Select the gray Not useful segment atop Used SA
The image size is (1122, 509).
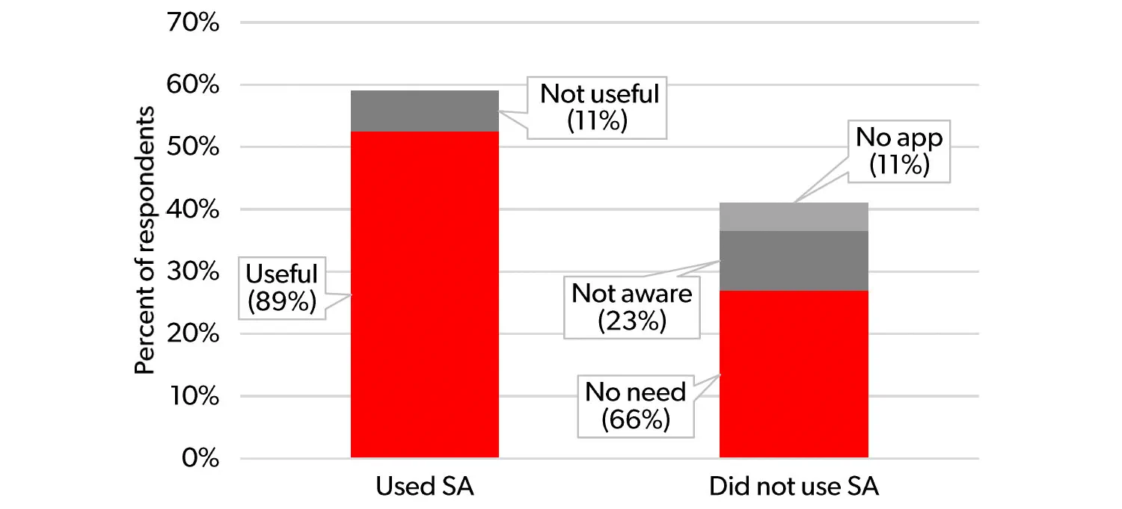tap(424, 111)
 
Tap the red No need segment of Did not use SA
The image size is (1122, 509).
tap(794, 374)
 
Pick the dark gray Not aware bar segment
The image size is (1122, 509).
tap(794, 261)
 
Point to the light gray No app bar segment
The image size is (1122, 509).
tap(794, 217)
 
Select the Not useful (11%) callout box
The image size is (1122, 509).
tap(600, 107)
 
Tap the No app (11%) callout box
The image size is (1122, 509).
tap(899, 152)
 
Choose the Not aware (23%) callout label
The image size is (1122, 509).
tap(631, 307)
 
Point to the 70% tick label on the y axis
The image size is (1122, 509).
tap(193, 23)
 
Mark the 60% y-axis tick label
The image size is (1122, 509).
tap(193, 85)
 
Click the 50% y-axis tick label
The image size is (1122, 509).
tap(193, 147)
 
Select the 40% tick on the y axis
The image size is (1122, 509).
tap(193, 210)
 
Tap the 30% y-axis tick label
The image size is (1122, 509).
tap(193, 272)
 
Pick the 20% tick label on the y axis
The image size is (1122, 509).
tap(193, 334)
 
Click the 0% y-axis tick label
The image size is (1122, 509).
tap(198, 458)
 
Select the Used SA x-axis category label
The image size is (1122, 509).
tap(424, 487)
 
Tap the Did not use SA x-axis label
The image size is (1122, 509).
tap(794, 487)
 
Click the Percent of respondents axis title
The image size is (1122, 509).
tap(145, 241)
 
